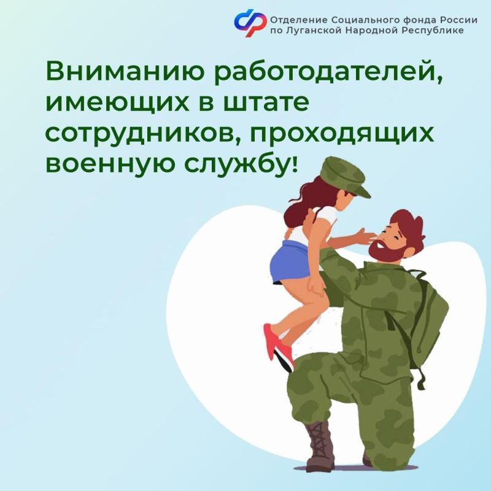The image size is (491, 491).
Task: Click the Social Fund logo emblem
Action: (250, 22)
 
